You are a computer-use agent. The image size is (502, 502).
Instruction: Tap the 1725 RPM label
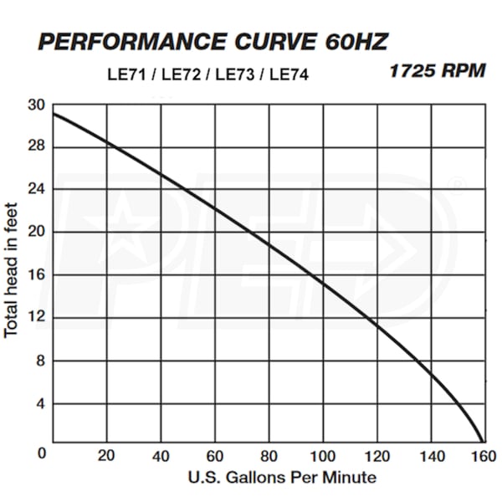pos(437,71)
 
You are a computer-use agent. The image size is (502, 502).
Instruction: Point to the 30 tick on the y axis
pos(35,105)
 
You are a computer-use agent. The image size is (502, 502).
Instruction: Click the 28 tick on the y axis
pos(35,147)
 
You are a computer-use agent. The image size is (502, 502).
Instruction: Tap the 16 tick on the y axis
pos(35,275)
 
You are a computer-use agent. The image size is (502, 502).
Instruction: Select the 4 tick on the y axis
pos(38,404)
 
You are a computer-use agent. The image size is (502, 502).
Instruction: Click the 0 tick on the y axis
pos(38,453)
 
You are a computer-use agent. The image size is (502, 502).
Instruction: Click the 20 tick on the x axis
pos(106,457)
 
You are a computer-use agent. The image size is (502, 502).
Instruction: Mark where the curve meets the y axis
pos(54,113)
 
